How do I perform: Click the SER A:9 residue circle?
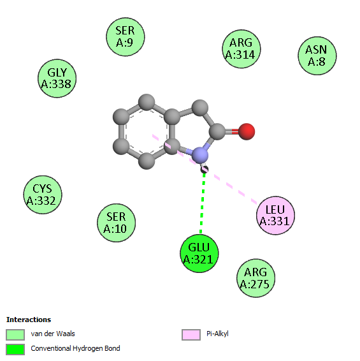[x=126, y=37]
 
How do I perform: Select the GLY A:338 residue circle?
[x=57, y=78]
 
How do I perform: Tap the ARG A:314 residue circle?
[x=241, y=49]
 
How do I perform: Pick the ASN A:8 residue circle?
[x=317, y=55]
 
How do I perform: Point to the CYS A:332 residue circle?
[x=43, y=195]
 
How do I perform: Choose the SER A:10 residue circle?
[x=116, y=223]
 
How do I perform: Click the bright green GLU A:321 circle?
[x=199, y=253]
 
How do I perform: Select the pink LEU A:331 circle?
[x=275, y=216]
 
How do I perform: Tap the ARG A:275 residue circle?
[x=256, y=278]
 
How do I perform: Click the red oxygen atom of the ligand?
[x=247, y=131]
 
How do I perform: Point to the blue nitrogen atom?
[x=200, y=156]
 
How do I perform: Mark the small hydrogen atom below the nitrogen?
[x=205, y=170]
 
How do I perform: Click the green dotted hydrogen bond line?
[x=202, y=203]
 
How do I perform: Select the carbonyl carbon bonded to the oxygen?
[x=217, y=131]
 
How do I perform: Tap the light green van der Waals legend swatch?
[x=15, y=334]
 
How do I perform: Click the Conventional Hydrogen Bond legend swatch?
[x=15, y=350]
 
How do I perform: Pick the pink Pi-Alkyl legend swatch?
[x=191, y=334]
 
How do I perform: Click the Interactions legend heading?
[x=29, y=320]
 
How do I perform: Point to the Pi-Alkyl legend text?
[x=217, y=334]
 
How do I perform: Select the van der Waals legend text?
[x=53, y=334]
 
